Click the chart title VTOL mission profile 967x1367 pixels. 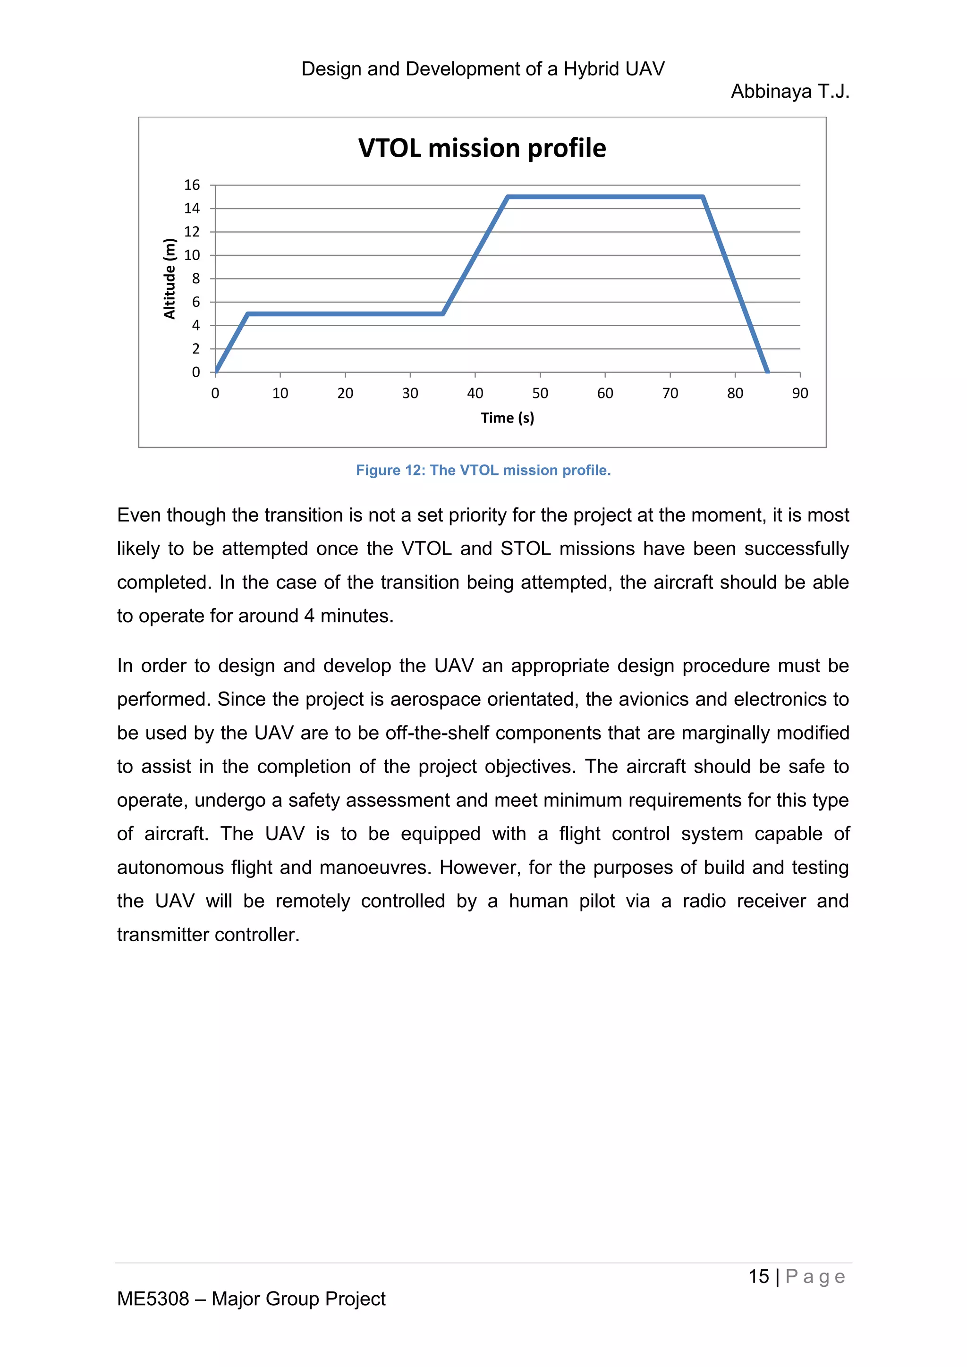[482, 148]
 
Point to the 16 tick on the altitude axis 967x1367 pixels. [192, 185]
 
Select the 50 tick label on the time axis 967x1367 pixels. [540, 394]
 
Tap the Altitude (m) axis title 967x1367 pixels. [170, 278]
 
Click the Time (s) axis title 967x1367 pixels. [507, 418]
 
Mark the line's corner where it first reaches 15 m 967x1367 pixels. [507, 197]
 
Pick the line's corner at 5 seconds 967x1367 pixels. [248, 314]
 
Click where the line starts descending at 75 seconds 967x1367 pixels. [703, 197]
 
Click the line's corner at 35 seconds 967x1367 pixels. [442, 314]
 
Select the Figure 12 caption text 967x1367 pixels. [483, 470]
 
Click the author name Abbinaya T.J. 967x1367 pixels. [789, 92]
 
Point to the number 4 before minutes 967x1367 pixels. [309, 616]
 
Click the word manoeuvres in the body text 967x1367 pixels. [374, 868]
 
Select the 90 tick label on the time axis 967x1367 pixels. [800, 394]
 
